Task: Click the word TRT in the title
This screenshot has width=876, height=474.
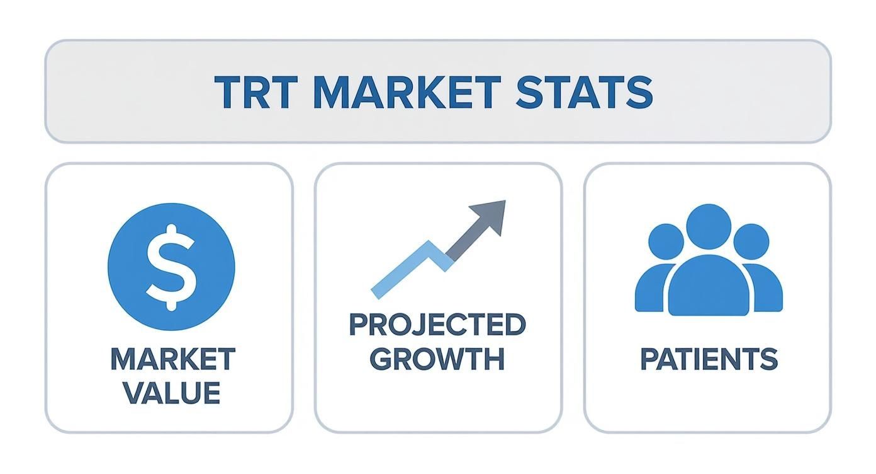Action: click(256, 92)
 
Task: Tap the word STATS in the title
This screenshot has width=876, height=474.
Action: click(584, 92)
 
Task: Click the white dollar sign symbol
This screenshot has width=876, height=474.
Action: click(171, 267)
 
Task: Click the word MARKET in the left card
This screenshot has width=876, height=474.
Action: click(173, 359)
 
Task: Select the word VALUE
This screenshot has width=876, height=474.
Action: click(172, 393)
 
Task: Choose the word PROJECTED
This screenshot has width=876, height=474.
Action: click(437, 325)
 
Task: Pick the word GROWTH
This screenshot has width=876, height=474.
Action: click(437, 359)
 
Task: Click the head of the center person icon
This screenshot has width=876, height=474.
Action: click(709, 226)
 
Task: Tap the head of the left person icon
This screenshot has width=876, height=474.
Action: click(666, 241)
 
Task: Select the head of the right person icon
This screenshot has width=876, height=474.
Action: click(751, 241)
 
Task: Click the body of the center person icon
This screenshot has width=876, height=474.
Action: click(709, 286)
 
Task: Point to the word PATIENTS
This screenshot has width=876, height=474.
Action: click(709, 359)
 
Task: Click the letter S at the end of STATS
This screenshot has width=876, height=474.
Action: click(639, 92)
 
